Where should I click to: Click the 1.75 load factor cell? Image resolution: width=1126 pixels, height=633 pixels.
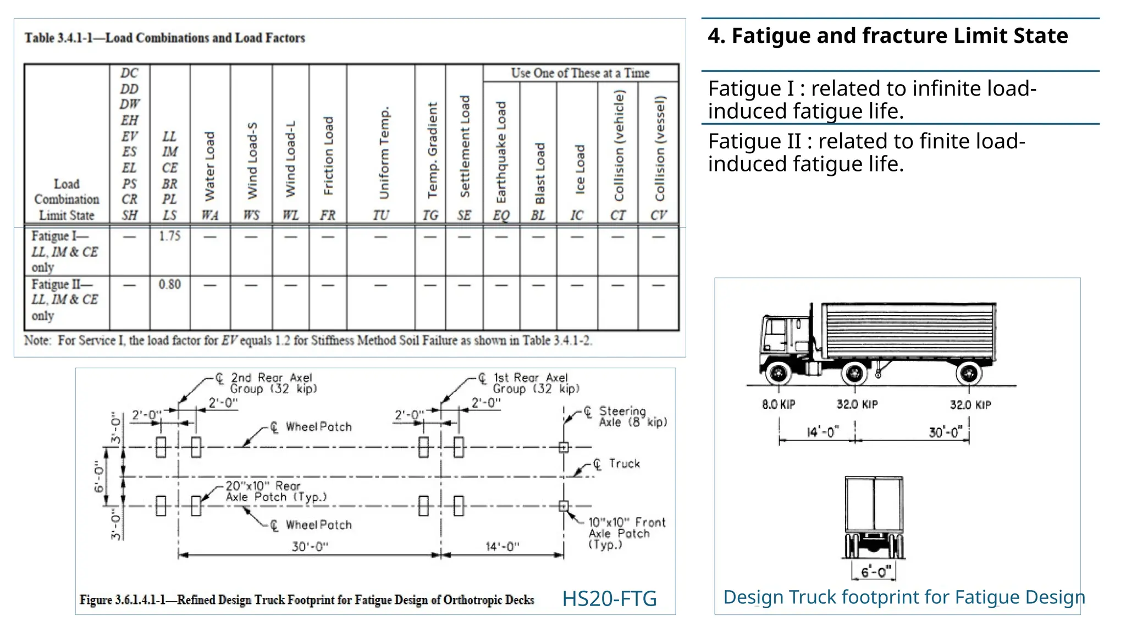tap(169, 236)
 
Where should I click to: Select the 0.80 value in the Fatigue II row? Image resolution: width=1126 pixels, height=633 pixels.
tap(169, 285)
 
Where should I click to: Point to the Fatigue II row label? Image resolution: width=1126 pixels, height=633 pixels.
tap(64, 300)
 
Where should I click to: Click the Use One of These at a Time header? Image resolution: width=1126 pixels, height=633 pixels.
tap(580, 73)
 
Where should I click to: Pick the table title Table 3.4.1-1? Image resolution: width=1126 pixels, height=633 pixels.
tap(164, 38)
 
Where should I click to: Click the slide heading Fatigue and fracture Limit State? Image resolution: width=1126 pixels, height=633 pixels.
tap(887, 36)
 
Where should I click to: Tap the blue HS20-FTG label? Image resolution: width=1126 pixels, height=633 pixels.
tap(609, 598)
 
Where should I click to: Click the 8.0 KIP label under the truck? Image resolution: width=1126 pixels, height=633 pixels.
tap(779, 405)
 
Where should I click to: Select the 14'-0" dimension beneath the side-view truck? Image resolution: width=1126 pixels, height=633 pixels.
tap(823, 432)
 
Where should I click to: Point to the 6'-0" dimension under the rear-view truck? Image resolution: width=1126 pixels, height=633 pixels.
tap(874, 572)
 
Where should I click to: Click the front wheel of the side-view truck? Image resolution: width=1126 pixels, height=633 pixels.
tap(778, 374)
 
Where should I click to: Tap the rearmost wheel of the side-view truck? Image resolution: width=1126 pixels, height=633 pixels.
tap(969, 374)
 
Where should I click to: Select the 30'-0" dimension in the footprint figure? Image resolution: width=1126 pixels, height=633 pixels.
tap(310, 547)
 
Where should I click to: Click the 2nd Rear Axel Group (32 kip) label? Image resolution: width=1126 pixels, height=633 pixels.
tap(273, 384)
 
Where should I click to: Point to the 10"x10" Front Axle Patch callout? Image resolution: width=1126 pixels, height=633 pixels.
tap(626, 533)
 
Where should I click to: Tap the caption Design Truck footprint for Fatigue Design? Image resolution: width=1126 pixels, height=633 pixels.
tap(904, 597)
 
